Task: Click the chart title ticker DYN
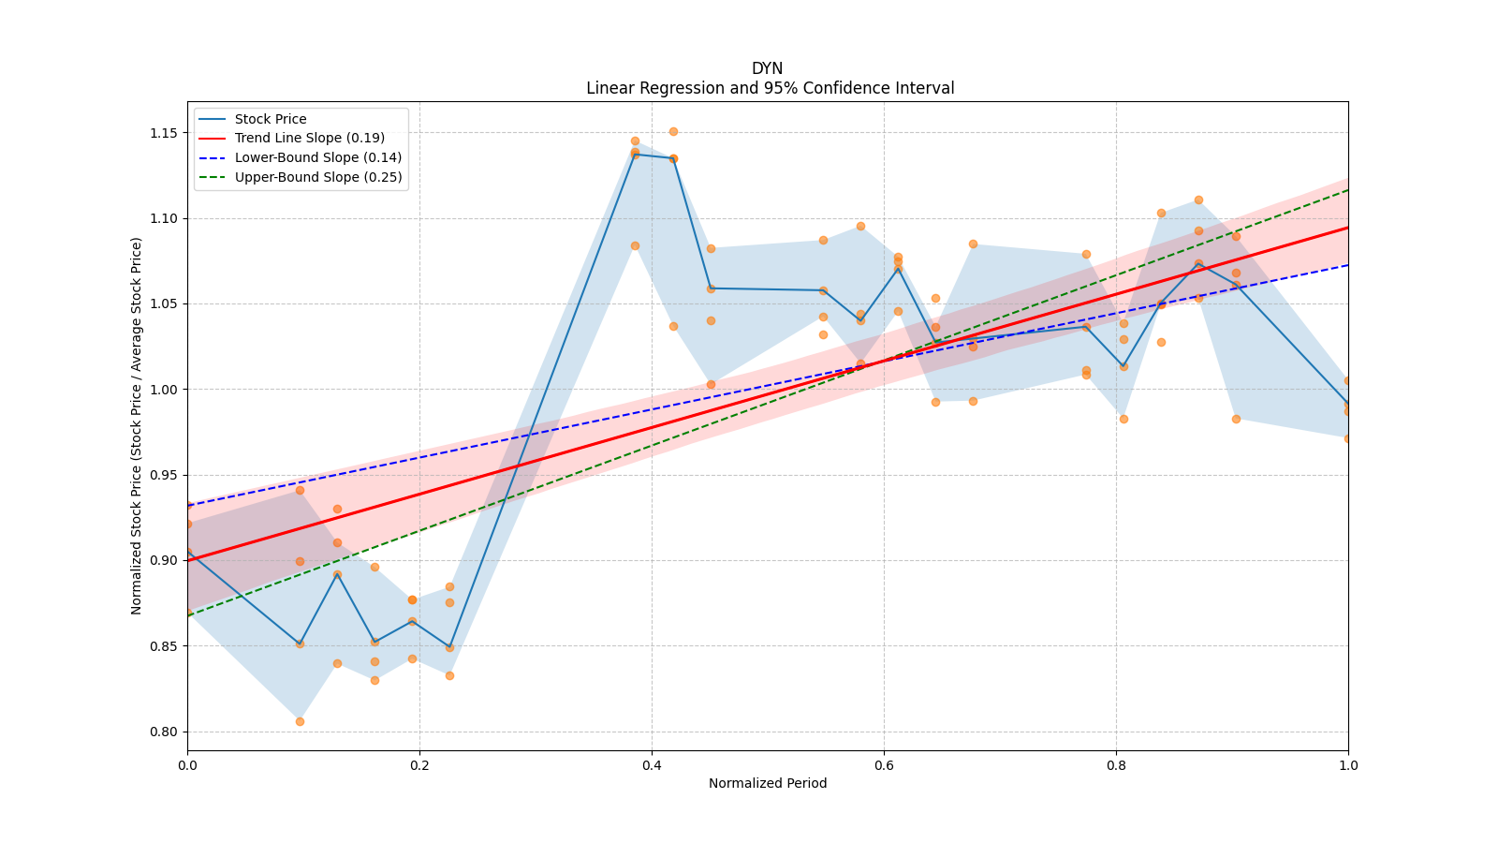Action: (x=767, y=68)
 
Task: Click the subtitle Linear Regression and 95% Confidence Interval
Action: (x=770, y=88)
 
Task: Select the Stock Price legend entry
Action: (x=271, y=119)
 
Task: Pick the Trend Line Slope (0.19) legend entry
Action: (x=309, y=139)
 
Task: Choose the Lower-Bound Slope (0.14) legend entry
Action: (x=317, y=157)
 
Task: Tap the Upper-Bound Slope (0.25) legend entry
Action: (x=317, y=177)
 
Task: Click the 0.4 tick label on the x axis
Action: (x=652, y=765)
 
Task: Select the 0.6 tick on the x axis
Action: (x=884, y=765)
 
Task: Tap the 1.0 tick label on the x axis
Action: (x=1348, y=765)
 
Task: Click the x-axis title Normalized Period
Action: (x=768, y=783)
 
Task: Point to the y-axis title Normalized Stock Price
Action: (x=137, y=425)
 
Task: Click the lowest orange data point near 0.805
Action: (x=300, y=721)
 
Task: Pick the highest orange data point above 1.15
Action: (x=673, y=131)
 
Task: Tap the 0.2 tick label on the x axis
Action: (x=419, y=765)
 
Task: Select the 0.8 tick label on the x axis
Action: (x=1116, y=765)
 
